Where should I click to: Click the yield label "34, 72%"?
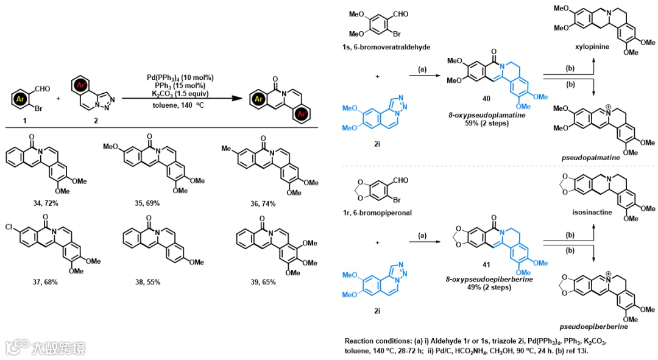pyautogui.click(x=43, y=203)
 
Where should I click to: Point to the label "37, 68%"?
pyautogui.click(x=43, y=282)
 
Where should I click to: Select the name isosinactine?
pyautogui.click(x=597, y=224)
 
